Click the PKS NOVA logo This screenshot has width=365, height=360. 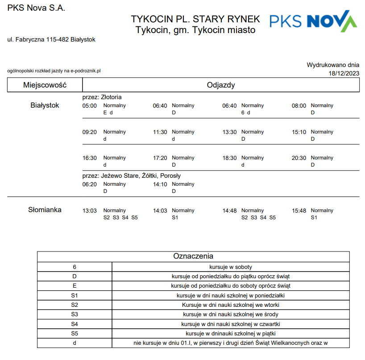point(313,21)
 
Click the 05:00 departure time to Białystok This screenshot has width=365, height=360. point(90,106)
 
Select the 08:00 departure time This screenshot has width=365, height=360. point(299,106)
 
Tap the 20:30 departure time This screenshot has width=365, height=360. point(299,158)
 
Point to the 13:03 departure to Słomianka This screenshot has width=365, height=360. point(90,211)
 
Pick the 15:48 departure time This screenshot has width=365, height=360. point(299,211)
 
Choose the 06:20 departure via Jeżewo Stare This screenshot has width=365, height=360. point(90,184)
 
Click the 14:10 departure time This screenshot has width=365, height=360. point(160,184)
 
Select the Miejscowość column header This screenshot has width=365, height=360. point(45,85)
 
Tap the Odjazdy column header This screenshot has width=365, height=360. point(221,85)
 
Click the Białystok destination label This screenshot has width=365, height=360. point(45,105)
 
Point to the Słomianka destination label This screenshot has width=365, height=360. point(45,210)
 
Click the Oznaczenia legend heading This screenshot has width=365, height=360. point(193,256)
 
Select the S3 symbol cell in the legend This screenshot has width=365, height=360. point(75,314)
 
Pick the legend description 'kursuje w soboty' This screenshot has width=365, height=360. point(231,267)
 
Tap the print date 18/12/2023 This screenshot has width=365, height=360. point(344,73)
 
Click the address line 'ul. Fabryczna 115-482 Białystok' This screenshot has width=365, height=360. point(51,40)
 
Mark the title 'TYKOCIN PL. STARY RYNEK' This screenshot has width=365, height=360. point(195,19)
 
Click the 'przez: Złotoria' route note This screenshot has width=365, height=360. point(102,97)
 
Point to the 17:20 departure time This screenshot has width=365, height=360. point(160,158)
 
